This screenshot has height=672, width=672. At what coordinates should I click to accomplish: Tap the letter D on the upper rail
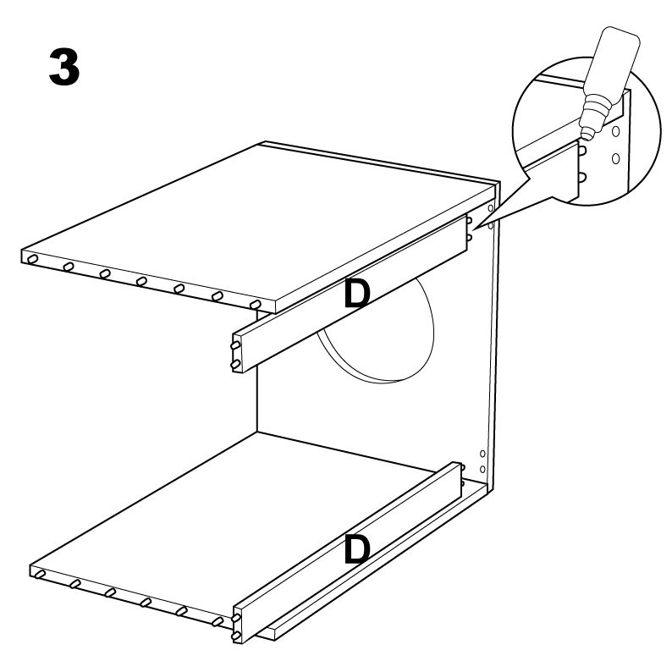[356, 294]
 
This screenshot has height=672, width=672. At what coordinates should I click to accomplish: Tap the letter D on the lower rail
[356, 549]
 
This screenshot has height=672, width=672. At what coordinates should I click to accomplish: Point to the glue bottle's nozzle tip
[585, 138]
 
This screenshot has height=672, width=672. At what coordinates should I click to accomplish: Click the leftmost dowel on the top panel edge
[31, 259]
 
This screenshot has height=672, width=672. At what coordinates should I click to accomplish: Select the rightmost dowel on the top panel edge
[255, 305]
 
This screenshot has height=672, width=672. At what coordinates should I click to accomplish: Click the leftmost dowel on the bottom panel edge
[40, 575]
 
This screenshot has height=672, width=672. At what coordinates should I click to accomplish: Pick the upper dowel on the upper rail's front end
[236, 345]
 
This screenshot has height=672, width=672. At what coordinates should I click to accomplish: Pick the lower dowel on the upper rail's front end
[235, 365]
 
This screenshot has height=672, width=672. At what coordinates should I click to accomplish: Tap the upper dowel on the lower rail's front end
[236, 618]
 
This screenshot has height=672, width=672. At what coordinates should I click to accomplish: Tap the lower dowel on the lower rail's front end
[235, 636]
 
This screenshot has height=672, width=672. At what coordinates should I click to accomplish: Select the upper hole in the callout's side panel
[616, 131]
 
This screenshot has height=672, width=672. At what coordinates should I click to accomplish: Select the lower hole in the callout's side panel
[616, 158]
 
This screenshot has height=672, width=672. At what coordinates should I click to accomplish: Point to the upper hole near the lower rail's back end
[482, 454]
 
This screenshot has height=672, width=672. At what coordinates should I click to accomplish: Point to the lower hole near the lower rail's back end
[482, 469]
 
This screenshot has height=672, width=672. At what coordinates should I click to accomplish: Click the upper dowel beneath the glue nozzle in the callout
[582, 150]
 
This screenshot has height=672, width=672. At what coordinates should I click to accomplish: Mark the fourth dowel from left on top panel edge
[142, 282]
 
